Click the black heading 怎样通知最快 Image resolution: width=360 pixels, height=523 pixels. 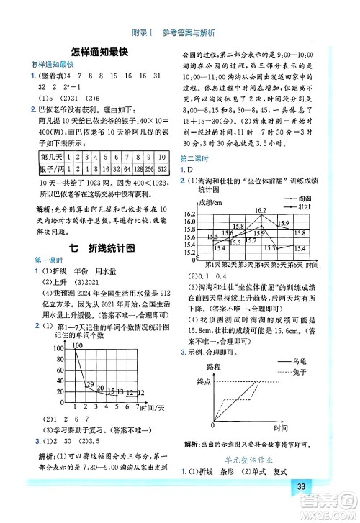(x=99, y=51)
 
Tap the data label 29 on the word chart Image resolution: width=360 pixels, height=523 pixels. (x=89, y=386)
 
